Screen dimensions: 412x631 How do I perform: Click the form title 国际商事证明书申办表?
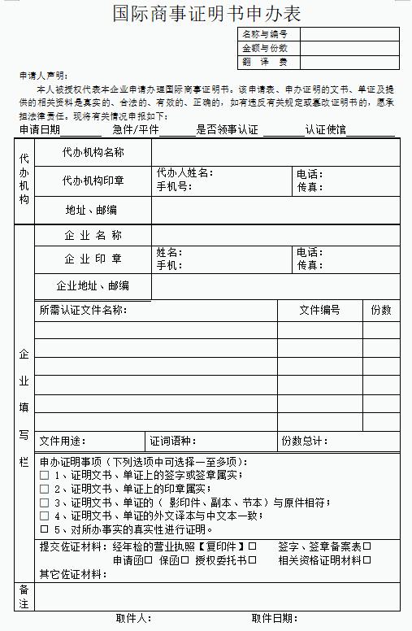(x=206, y=13)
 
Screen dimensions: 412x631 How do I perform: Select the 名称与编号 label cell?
(x=266, y=34)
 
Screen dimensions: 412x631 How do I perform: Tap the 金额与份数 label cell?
(x=266, y=48)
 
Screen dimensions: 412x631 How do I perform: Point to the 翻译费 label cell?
(x=266, y=62)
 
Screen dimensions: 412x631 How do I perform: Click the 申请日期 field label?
(x=40, y=129)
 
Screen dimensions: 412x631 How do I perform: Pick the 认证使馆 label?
(x=326, y=129)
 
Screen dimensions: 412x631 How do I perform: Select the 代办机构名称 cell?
(x=93, y=152)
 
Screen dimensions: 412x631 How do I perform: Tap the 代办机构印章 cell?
(x=93, y=181)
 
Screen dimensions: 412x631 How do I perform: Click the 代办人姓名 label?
(x=184, y=173)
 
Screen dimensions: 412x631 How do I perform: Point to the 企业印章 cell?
(x=93, y=259)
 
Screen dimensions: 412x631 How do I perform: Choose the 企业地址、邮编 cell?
(x=93, y=285)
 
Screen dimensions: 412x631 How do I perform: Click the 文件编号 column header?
(x=319, y=310)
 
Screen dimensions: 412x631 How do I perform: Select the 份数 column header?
(x=381, y=310)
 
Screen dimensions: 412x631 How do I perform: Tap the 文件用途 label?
(x=63, y=441)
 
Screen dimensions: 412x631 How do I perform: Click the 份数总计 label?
(x=305, y=441)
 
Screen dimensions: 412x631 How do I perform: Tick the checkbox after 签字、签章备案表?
(x=366, y=546)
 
